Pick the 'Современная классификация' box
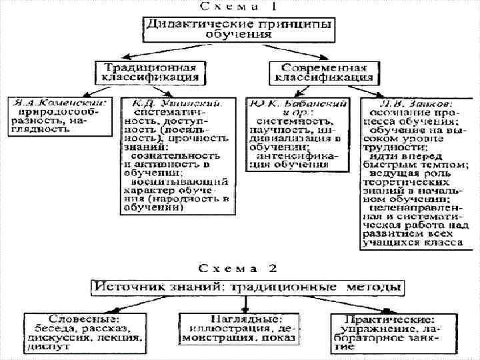pyautogui.click(x=325, y=71)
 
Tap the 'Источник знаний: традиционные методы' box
pyautogui.click(x=247, y=288)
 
